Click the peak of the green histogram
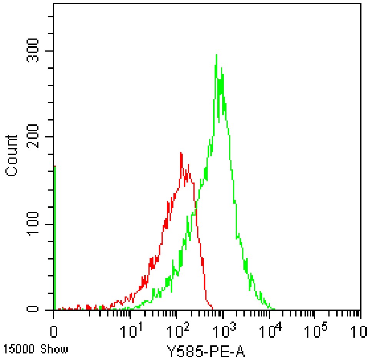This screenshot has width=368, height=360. click(x=216, y=55)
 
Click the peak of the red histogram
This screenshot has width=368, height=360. click(x=181, y=153)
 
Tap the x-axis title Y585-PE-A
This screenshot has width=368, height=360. click(x=206, y=351)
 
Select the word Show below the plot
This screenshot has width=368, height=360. click(x=55, y=350)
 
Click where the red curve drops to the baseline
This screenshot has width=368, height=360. click(x=212, y=308)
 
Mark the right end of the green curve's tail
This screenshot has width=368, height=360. click(x=275, y=309)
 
